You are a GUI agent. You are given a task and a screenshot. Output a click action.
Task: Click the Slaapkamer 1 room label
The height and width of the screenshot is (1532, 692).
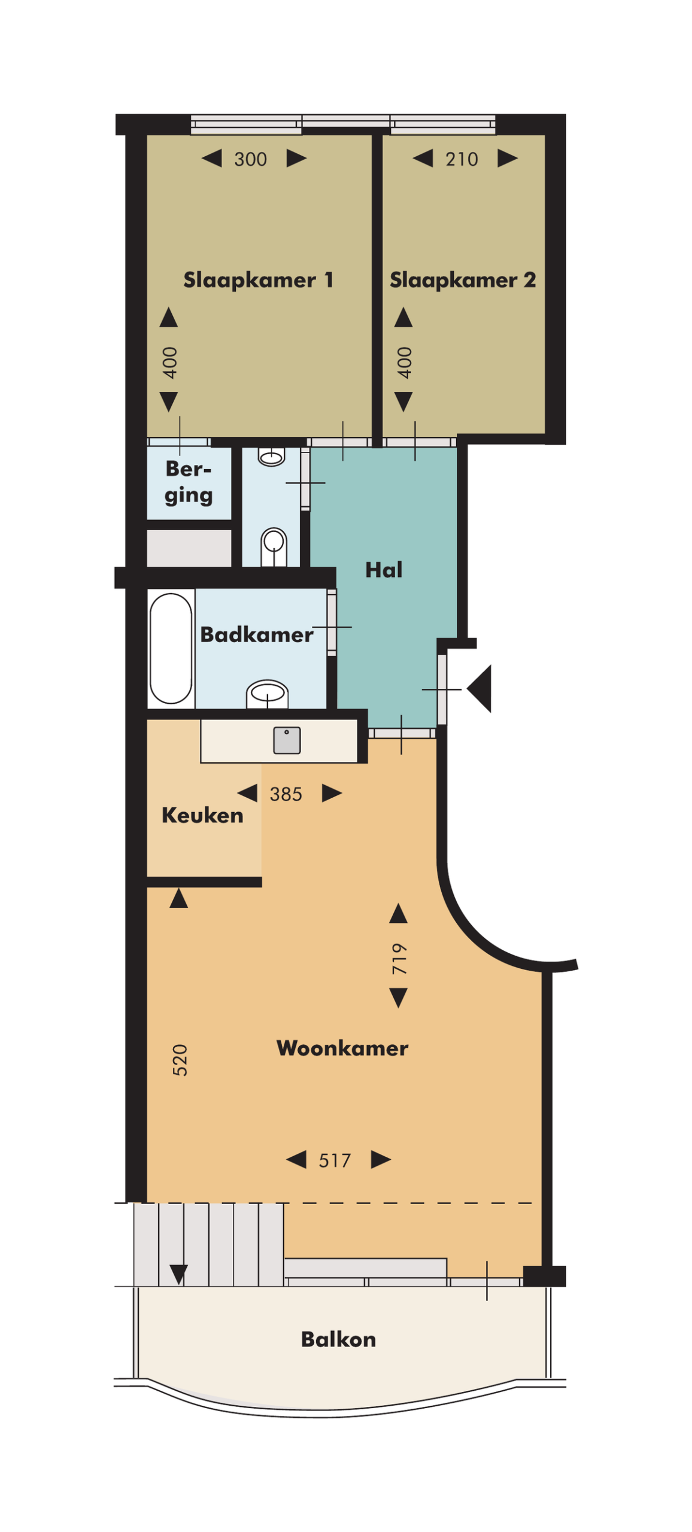tap(258, 279)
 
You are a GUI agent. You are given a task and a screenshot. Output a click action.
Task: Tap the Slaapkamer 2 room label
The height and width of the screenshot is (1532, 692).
tap(462, 279)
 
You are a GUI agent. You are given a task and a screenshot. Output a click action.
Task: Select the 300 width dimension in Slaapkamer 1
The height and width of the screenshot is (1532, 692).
tap(250, 159)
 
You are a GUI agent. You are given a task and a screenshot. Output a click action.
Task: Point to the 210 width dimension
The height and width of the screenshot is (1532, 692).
tap(462, 159)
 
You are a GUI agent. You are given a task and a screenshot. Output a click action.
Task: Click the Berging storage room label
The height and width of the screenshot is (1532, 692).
tap(189, 482)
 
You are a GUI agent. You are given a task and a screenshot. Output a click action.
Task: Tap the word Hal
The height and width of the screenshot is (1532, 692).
tap(384, 570)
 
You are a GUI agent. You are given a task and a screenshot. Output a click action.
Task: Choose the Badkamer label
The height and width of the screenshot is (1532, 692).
tap(256, 634)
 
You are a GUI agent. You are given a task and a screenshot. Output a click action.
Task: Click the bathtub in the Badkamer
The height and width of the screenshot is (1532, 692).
tap(171, 648)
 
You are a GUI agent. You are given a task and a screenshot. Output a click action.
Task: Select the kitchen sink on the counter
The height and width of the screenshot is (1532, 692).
tap(287, 740)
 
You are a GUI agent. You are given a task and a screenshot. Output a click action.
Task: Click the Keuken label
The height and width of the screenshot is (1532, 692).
tap(202, 816)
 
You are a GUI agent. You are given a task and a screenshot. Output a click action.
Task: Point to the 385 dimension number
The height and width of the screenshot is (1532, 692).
tap(286, 794)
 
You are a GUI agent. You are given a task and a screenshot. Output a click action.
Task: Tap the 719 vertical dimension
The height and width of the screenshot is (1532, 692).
tap(399, 959)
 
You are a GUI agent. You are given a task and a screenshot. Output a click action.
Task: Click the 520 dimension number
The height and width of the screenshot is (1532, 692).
tap(180, 1061)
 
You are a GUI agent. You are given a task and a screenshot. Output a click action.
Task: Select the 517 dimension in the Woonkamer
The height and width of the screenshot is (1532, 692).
tap(335, 1161)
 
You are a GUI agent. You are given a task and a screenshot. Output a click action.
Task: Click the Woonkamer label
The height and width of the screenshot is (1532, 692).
tap(342, 1048)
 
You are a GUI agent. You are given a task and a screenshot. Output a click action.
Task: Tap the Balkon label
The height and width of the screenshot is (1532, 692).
tap(338, 1339)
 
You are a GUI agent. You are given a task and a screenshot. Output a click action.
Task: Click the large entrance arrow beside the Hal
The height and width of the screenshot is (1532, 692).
tap(480, 688)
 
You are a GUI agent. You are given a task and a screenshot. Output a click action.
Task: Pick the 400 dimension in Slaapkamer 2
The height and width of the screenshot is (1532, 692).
tap(405, 363)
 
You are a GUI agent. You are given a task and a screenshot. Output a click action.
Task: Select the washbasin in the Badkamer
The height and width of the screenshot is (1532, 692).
tap(268, 694)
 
